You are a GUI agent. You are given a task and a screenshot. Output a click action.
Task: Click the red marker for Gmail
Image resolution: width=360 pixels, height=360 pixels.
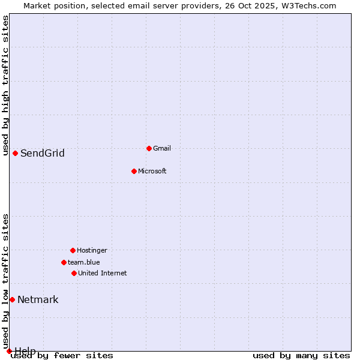(149, 148)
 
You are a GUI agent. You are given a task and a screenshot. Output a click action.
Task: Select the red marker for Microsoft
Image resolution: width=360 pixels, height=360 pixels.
(134, 171)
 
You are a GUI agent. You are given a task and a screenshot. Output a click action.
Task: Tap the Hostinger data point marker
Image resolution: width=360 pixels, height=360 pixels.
(73, 250)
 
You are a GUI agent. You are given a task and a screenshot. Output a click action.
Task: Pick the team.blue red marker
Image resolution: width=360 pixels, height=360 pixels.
(64, 262)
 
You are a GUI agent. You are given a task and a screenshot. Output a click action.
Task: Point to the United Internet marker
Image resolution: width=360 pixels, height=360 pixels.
(74, 273)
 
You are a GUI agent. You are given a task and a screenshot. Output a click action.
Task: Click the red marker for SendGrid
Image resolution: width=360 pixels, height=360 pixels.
(15, 153)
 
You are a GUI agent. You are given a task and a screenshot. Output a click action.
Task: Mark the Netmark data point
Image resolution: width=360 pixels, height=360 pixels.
(12, 299)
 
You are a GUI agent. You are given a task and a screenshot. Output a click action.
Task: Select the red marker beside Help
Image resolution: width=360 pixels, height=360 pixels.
(9, 351)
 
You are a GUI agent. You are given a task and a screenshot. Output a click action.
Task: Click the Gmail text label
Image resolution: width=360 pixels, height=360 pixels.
(162, 148)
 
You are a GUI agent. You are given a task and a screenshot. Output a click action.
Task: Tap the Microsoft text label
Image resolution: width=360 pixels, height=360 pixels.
(152, 171)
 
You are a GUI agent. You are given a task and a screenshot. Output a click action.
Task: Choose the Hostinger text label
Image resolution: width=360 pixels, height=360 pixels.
(92, 250)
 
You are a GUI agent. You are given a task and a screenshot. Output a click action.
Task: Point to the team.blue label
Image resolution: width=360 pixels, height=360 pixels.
(84, 262)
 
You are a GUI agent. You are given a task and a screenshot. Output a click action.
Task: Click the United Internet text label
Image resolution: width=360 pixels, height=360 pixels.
(103, 273)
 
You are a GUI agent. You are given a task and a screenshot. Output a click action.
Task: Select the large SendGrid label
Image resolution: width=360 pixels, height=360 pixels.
(43, 153)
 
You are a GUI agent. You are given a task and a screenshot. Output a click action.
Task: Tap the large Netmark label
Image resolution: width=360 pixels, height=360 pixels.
(38, 299)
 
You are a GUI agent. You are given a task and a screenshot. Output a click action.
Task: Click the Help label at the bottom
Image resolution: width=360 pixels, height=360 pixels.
(25, 350)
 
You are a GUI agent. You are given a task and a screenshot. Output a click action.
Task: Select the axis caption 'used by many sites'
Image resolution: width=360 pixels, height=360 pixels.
(301, 356)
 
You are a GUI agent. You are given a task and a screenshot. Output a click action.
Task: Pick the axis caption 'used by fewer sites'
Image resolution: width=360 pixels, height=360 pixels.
(62, 356)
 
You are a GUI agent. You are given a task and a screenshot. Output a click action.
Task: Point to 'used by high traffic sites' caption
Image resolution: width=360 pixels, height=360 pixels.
(5, 85)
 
